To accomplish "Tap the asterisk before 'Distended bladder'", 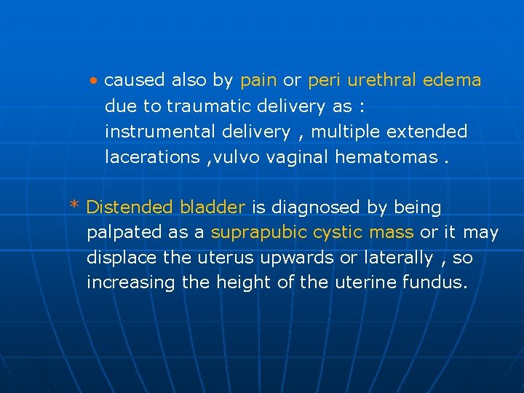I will [74, 206].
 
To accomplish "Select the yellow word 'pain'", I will [258, 80].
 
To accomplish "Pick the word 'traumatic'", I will [210, 106].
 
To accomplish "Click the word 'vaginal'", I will [301, 156].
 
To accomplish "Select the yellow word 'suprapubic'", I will [259, 233].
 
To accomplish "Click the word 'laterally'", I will [397, 258].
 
